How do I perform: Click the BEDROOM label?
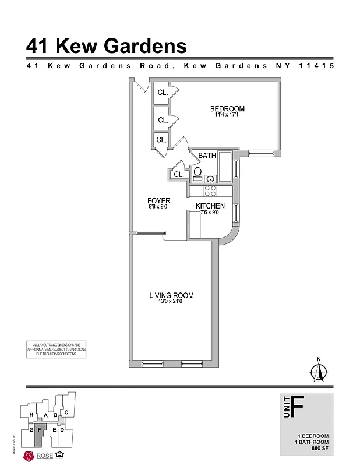tap(227, 109)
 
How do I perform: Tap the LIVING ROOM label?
tap(171, 296)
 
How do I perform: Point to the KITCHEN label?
tap(210, 206)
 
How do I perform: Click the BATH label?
tap(207, 156)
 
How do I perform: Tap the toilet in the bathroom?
tap(197, 172)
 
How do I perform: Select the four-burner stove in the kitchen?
tap(209, 190)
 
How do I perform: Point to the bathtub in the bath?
tap(225, 172)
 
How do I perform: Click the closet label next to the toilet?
tap(178, 174)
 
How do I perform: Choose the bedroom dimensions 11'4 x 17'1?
tap(227, 115)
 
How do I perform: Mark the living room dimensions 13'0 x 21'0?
tap(171, 302)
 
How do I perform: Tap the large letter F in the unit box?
tap(297, 405)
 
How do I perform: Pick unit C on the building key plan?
tap(67, 412)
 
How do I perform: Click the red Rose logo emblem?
tap(27, 456)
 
